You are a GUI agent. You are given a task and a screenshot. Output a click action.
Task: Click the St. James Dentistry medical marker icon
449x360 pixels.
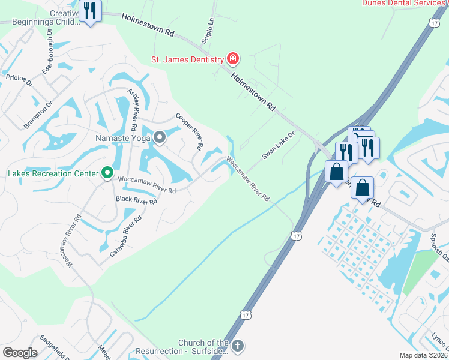pyautogui.click(x=232, y=59)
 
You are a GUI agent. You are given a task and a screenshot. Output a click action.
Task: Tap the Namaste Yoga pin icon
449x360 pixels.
pyautogui.click(x=159, y=138)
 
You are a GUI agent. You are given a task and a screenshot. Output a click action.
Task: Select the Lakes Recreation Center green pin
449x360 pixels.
pyautogui.click(x=107, y=173)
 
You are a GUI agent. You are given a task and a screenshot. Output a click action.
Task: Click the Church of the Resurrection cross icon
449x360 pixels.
pyautogui.click(x=238, y=346)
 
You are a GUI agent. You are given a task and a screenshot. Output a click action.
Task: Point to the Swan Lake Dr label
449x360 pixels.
pyautogui.click(x=279, y=146)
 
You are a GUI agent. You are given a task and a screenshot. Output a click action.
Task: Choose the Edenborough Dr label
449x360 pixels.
pyautogui.click(x=47, y=55)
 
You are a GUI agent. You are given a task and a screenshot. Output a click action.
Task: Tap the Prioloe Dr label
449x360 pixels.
pyautogui.click(x=18, y=80)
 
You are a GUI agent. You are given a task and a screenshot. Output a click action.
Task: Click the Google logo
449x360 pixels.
pyautogui.click(x=20, y=353)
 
